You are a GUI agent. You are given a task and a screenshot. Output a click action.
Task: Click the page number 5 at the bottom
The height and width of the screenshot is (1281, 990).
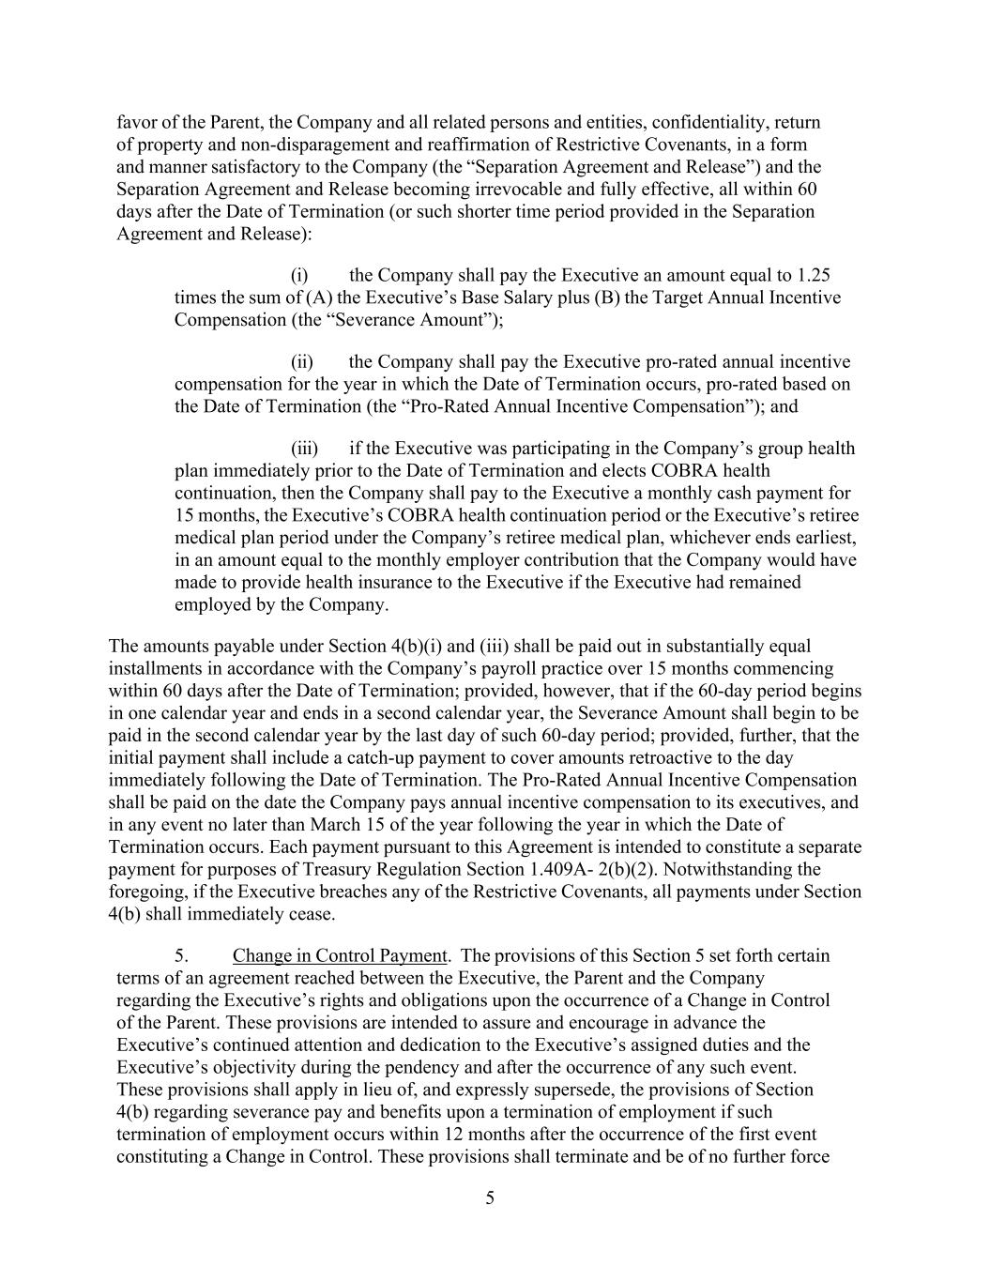point(490,1197)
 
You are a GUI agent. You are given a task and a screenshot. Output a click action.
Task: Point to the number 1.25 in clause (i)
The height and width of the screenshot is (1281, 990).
point(813,275)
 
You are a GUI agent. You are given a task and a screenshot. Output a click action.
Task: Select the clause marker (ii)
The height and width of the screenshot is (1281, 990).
point(301,361)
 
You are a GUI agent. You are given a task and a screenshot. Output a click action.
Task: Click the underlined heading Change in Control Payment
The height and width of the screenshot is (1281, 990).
point(340,955)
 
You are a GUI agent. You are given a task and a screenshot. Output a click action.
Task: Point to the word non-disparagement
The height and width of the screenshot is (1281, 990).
point(290,145)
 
